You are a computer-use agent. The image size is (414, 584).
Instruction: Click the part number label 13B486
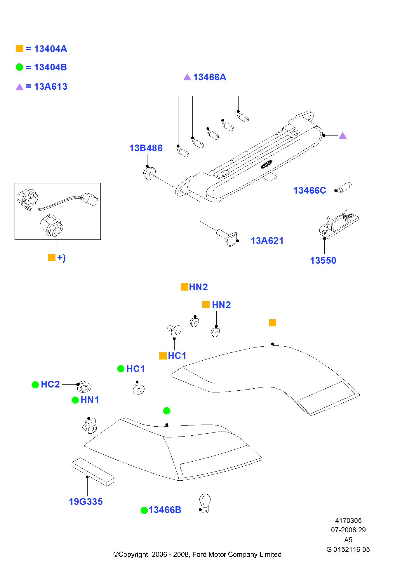click(146, 148)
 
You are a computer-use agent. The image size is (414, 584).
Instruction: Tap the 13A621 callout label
click(267, 241)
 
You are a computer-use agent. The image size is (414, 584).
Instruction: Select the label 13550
click(323, 260)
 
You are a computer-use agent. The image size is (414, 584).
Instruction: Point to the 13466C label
click(309, 190)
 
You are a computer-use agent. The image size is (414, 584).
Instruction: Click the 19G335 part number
click(86, 502)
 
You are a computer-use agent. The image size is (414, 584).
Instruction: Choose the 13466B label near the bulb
click(165, 510)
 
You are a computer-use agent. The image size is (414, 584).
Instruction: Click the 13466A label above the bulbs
click(209, 77)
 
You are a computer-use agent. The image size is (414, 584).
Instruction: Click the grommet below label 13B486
click(149, 173)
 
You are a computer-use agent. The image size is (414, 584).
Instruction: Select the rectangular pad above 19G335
click(93, 472)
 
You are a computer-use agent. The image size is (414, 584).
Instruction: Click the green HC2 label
click(50, 384)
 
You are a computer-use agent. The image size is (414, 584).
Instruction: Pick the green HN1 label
click(90, 400)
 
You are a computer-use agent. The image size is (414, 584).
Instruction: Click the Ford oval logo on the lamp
click(266, 164)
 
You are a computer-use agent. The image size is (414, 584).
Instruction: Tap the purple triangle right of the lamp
click(343, 136)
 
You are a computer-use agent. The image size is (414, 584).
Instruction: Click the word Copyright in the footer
click(134, 554)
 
